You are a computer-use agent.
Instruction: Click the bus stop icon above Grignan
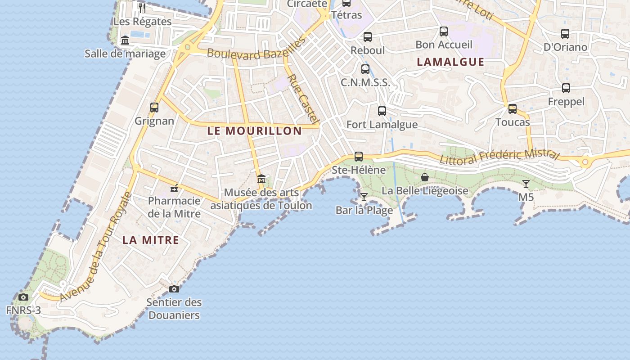coord(154,108)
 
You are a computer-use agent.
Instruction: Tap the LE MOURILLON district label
coord(255,131)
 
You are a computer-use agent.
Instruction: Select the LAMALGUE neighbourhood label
coord(450,62)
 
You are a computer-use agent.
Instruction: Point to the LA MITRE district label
coord(151,240)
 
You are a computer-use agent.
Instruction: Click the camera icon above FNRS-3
coord(23,297)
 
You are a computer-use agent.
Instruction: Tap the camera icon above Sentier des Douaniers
coord(174,289)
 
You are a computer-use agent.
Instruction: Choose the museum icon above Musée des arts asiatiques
coord(261,179)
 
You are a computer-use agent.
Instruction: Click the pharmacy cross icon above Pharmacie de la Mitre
coord(174,188)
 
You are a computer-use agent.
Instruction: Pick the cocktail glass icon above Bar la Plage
coord(364,197)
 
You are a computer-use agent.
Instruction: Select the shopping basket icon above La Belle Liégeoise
coord(424,177)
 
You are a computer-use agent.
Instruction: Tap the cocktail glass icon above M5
coord(526,184)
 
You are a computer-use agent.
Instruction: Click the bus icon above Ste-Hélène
coord(359,157)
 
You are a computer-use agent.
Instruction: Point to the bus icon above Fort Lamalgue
coord(382,111)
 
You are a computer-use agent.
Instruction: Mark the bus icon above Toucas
coord(513,109)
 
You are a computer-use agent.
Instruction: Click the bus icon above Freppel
coord(566,88)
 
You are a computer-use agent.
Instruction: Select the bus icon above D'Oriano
coord(565,34)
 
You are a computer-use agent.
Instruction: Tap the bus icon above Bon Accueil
coord(444,31)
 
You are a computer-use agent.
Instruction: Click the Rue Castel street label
coord(303,99)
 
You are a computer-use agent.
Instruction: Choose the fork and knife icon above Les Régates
coord(142,8)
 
